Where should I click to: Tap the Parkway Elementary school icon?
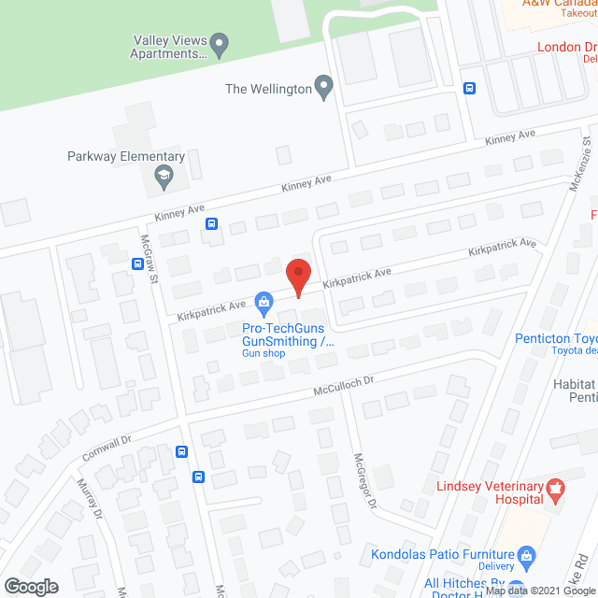click(164, 176)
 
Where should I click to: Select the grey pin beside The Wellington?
click(324, 89)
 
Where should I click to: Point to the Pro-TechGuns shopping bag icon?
click(264, 302)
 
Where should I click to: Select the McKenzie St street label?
click(580, 164)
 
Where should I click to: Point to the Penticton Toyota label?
click(557, 339)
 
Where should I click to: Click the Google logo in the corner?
click(31, 586)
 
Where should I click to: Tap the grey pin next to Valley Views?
click(220, 42)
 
